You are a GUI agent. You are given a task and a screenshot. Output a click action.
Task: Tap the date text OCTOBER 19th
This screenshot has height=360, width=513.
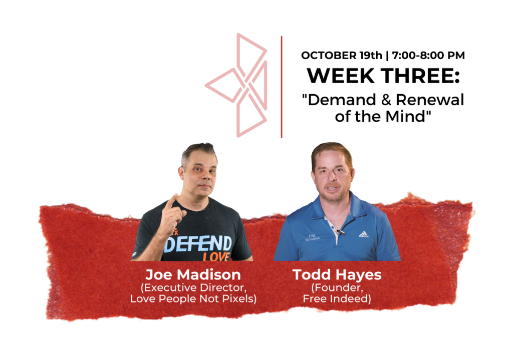[342, 55]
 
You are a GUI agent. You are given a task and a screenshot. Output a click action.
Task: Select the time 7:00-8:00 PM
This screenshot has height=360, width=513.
[428, 55]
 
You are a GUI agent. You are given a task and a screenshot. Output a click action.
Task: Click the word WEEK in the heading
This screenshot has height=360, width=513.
[341, 76]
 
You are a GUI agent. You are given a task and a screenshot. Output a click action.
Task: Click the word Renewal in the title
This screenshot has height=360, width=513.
[430, 100]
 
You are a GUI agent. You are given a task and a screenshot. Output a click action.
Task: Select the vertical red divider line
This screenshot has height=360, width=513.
[282, 87]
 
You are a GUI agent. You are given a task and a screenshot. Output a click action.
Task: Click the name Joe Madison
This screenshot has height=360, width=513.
[193, 275]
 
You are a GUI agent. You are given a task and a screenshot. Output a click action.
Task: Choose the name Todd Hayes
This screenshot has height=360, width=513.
[337, 275]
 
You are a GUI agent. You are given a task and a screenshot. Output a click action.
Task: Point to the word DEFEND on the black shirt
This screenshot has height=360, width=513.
[198, 244]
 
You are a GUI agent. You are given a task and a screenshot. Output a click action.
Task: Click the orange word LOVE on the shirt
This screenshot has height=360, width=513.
[216, 257]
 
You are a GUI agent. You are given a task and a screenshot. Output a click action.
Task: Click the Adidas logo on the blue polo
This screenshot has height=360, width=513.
[364, 234]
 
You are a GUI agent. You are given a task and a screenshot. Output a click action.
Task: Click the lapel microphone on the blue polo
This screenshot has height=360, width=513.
[341, 232]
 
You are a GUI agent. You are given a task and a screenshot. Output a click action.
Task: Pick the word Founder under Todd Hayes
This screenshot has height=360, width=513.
[338, 287]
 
